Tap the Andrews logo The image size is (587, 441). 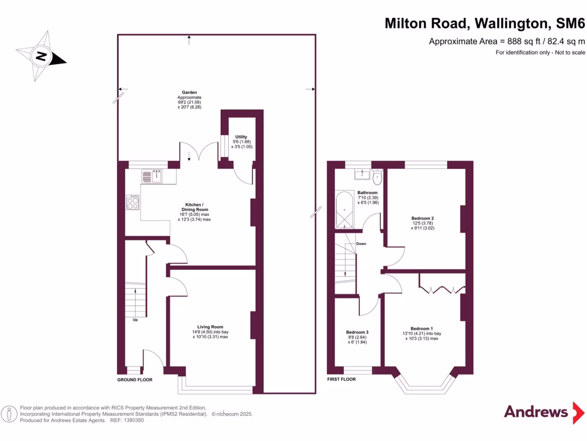pyautogui.click(x=536, y=412)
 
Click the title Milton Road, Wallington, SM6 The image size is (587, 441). pyautogui.click(x=485, y=24)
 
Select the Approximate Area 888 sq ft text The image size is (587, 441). pyautogui.click(x=507, y=41)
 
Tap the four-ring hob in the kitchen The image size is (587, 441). pyautogui.click(x=132, y=202)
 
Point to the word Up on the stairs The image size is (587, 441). pyautogui.click(x=135, y=320)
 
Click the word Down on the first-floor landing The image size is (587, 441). pyautogui.click(x=361, y=243)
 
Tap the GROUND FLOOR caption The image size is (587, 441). pyautogui.click(x=135, y=380)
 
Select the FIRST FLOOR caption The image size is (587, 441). pyautogui.click(x=341, y=380)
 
